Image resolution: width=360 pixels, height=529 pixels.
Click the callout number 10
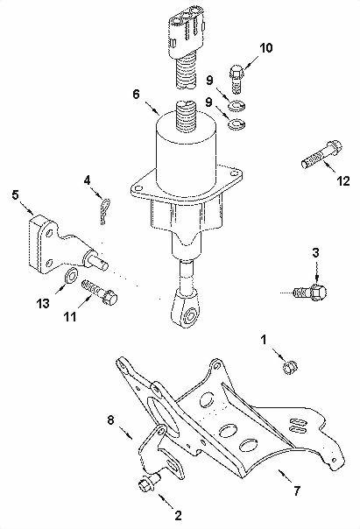pyautogui.click(x=266, y=48)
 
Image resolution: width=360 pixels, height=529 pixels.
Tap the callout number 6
pyautogui.click(x=136, y=94)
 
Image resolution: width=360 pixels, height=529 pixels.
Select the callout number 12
pyautogui.click(x=343, y=181)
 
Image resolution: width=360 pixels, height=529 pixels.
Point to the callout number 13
pyautogui.click(x=43, y=304)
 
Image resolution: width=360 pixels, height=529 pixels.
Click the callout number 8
pyautogui.click(x=111, y=420)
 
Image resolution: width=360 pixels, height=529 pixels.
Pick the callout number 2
pyautogui.click(x=178, y=515)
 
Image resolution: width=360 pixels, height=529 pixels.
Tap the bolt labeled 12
pyautogui.click(x=321, y=155)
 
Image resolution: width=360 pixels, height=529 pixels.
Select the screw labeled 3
pyautogui.click(x=310, y=293)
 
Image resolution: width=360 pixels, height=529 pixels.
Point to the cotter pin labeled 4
pyautogui.click(x=105, y=211)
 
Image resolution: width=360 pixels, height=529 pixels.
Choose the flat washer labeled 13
pyautogui.click(x=71, y=276)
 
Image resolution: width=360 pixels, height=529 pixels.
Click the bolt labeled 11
pyautogui.click(x=100, y=293)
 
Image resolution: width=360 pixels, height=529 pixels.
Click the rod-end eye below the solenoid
pyautogui.click(x=187, y=310)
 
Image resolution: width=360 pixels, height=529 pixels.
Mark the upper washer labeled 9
pyautogui.click(x=236, y=106)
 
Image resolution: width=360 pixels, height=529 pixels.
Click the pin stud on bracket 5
pyautogui.click(x=95, y=259)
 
